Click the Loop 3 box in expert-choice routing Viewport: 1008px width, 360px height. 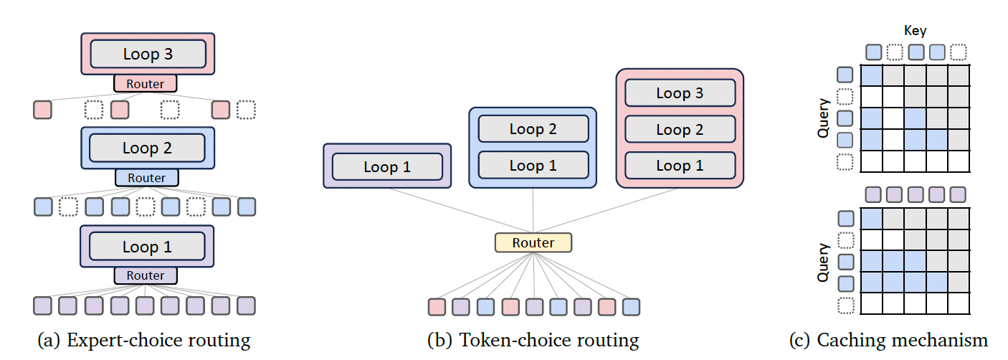[x=147, y=54]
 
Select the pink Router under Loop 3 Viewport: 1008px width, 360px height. [x=145, y=84]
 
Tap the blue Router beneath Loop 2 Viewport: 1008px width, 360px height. [x=146, y=178]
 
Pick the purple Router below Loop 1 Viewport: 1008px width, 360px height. [x=146, y=275]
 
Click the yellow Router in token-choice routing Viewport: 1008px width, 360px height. [x=533, y=242]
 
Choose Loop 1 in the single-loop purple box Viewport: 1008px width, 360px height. [x=387, y=167]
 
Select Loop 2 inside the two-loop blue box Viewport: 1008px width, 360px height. [x=533, y=129]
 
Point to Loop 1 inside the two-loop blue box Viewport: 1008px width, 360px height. [x=533, y=166]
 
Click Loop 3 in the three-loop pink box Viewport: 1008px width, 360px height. [x=680, y=93]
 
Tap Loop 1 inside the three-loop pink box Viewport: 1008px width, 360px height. [x=680, y=166]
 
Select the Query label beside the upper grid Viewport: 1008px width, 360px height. [x=824, y=118]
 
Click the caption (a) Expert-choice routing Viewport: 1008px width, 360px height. [x=144, y=340]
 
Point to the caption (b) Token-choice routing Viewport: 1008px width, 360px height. [x=533, y=340]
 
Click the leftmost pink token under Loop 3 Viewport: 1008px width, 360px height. [x=43, y=110]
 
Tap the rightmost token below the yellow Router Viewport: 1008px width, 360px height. [x=631, y=307]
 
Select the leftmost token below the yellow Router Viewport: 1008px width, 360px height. [x=437, y=307]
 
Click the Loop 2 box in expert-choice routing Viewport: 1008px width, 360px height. [x=147, y=148]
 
